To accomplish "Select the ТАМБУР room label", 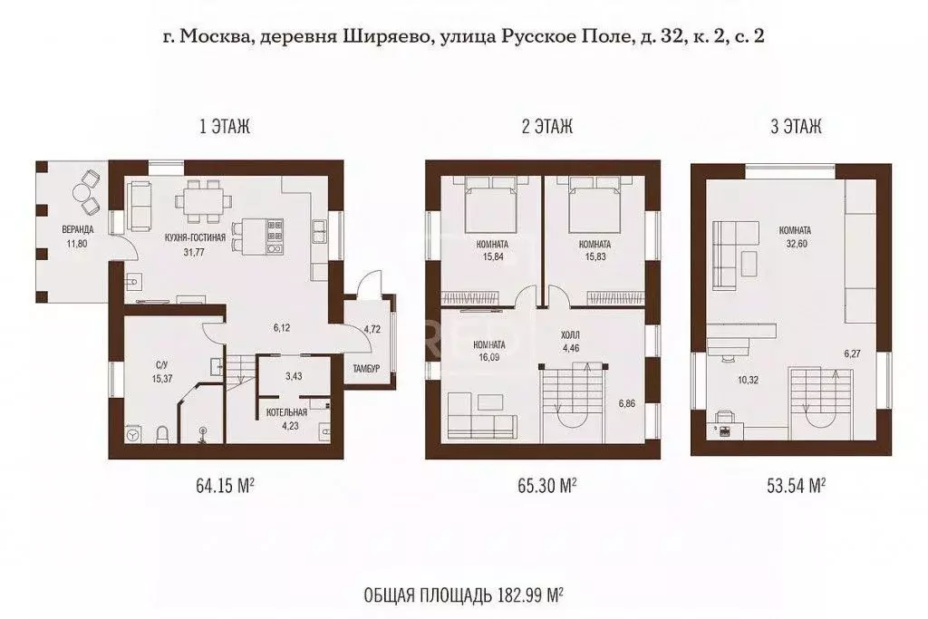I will [x=366, y=368].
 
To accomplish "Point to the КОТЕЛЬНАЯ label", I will [x=286, y=411].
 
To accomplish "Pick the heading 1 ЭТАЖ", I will [x=224, y=128].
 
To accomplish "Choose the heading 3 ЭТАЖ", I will [x=796, y=128].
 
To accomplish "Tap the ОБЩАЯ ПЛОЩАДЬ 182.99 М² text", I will [x=462, y=595].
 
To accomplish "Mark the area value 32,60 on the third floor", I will [x=794, y=244].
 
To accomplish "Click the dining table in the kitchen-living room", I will [x=202, y=201].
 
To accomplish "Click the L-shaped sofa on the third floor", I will [x=732, y=252].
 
